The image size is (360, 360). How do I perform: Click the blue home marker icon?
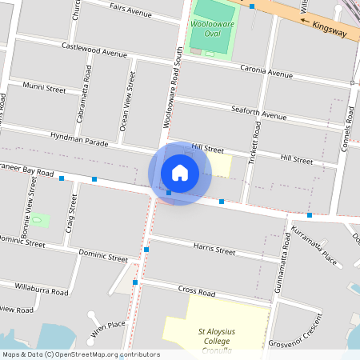coord(180,173)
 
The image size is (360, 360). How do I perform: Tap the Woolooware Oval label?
coord(212,30)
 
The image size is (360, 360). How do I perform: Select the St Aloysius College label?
coord(214,335)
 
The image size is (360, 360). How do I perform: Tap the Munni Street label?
coord(45,88)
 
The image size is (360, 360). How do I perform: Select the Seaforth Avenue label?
coord(258,113)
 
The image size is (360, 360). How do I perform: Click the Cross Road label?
coord(198,290)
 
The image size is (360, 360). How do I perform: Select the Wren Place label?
coord(108,326)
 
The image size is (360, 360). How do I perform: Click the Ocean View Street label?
coord(124,102)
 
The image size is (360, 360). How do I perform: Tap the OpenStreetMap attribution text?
coord(80,354)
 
